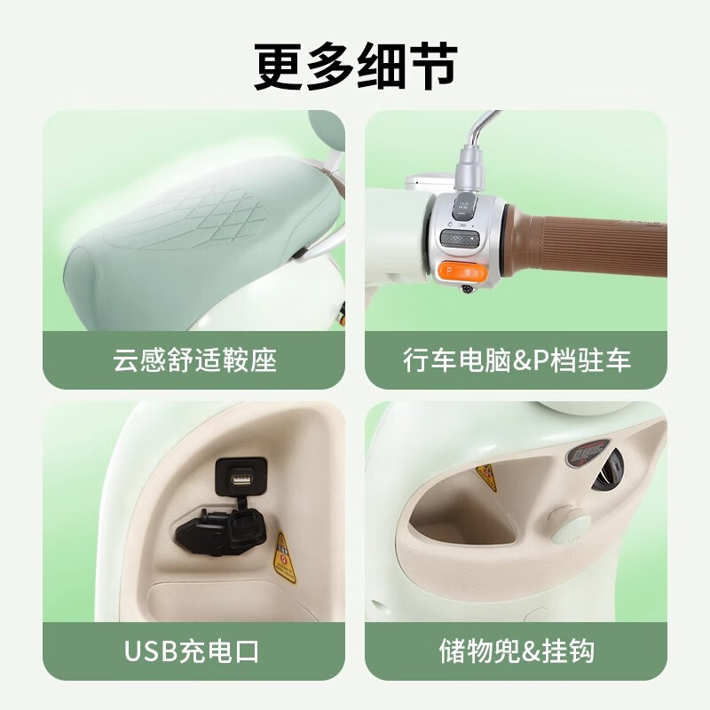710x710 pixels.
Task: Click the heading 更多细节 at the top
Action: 355,67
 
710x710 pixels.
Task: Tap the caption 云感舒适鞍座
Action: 195,360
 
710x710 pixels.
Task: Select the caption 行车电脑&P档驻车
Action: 517,360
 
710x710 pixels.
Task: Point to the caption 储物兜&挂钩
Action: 517,652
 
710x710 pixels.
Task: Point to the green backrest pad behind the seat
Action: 326,133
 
